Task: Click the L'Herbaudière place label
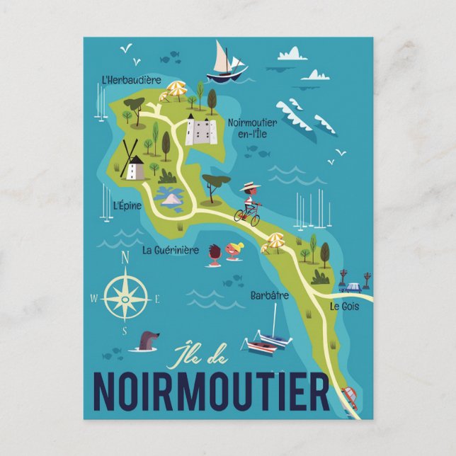click(x=131, y=80)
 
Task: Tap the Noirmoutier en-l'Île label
click(x=252, y=127)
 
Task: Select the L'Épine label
click(x=127, y=205)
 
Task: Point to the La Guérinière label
click(x=171, y=249)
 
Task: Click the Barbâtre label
click(x=269, y=295)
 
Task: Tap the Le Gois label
click(x=344, y=306)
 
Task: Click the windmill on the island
click(x=132, y=161)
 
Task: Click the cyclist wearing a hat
click(x=249, y=204)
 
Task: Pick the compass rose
click(x=125, y=297)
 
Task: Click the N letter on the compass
click(x=125, y=258)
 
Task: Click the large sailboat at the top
click(x=225, y=62)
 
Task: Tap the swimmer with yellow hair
click(x=235, y=250)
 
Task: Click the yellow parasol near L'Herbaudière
click(x=176, y=89)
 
